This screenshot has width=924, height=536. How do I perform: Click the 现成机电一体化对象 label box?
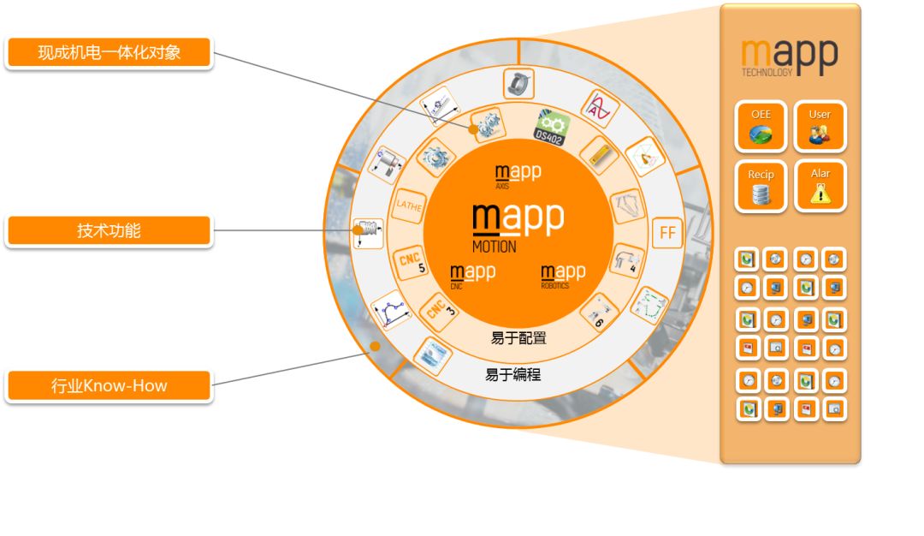pos(109,53)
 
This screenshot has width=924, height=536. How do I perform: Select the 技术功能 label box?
pos(109,229)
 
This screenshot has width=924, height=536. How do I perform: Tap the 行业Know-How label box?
pos(109,385)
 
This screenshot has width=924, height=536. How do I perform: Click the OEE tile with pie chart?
pos(761,127)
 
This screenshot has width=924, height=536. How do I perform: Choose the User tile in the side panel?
pos(820,127)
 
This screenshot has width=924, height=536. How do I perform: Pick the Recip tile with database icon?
pos(761,186)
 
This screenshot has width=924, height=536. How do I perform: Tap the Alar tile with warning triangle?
pos(820,186)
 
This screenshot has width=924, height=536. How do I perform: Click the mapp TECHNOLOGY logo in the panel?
pos(789,57)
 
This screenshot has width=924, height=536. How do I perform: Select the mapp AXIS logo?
pos(518,175)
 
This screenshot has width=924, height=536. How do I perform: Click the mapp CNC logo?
pos(472,275)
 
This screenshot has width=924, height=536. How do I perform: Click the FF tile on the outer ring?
pos(667,232)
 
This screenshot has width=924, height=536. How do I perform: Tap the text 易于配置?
pos(518,337)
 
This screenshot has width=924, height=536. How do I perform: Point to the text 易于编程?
pos(513,374)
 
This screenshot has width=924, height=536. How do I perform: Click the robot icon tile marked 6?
pos(598,313)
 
